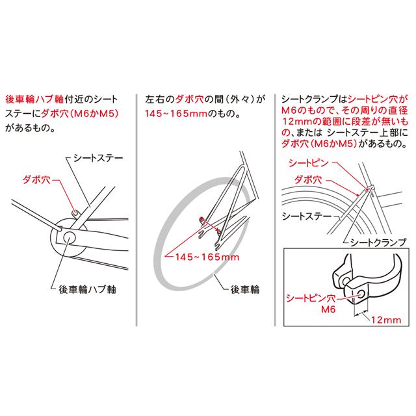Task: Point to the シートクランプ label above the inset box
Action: click(x=380, y=242)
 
